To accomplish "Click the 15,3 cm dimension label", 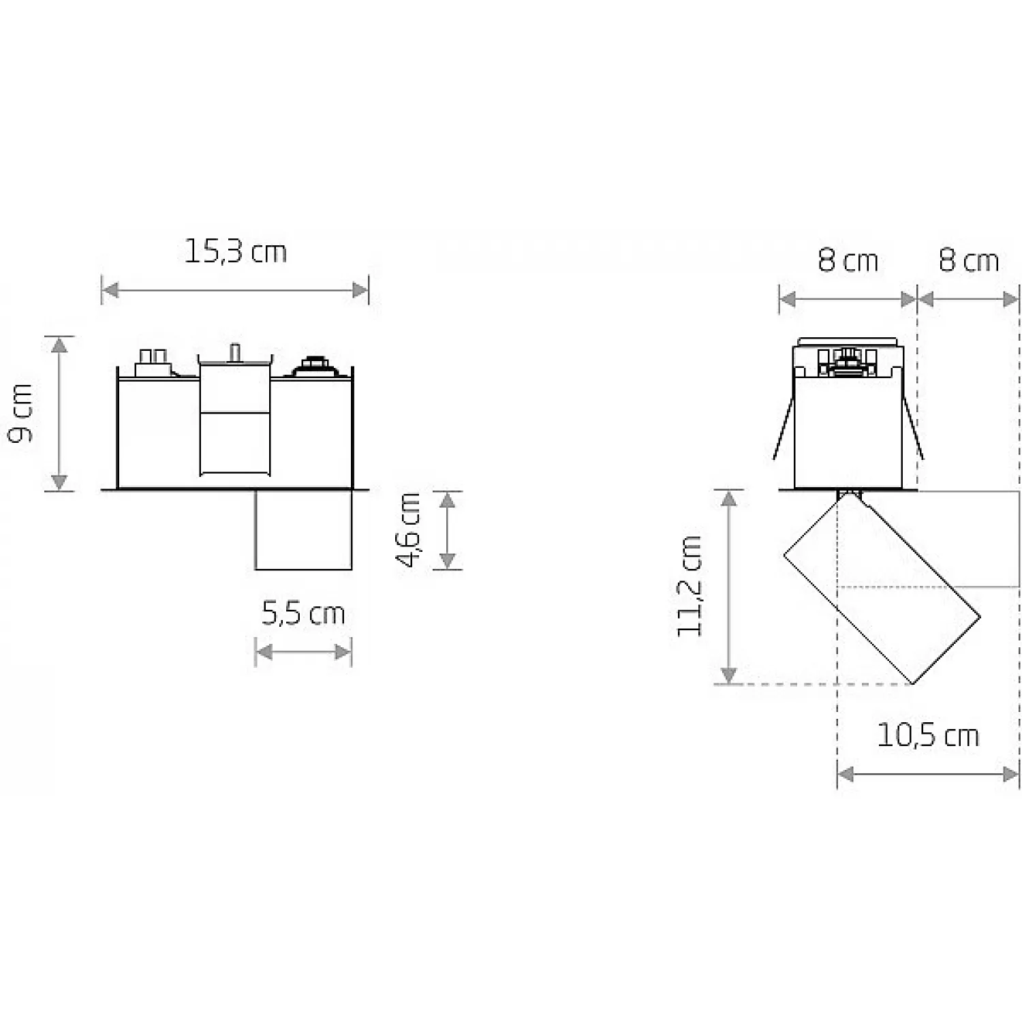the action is tap(236, 251).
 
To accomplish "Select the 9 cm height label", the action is tap(21, 412).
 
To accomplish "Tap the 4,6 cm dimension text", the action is tap(409, 529).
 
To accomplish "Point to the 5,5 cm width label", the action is tap(304, 614).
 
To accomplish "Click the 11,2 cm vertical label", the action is tap(689, 586).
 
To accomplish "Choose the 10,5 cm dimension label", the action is tap(928, 735).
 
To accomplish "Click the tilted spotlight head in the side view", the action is tap(882, 589).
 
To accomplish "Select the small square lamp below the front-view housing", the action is tap(304, 529).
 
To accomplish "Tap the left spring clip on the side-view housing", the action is tap(784, 428).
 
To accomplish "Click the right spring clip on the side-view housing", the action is tap(913, 428).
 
